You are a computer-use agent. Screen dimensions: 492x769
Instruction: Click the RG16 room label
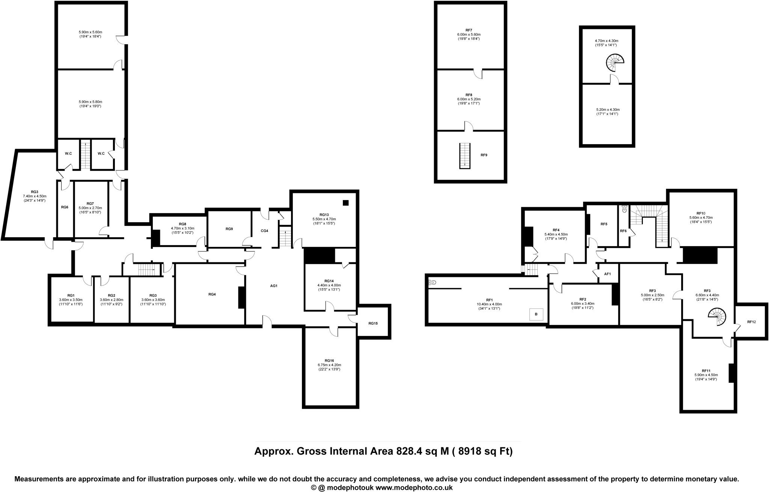coord(329,360)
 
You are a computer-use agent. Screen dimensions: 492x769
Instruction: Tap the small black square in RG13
coord(345,203)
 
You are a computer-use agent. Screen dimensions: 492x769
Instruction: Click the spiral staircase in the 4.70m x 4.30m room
coord(615,62)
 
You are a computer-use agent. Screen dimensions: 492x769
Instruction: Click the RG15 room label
coord(373,323)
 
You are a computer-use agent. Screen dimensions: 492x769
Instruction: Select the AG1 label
coord(274,286)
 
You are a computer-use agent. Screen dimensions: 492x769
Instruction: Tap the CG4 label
coord(264,231)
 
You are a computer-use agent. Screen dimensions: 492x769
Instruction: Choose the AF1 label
coord(608,274)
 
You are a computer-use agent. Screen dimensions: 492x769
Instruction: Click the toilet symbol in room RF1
coord(433,282)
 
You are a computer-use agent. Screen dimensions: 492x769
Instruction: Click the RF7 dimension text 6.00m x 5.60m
coord(469,34)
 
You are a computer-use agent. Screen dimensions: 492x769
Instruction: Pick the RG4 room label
coord(212,294)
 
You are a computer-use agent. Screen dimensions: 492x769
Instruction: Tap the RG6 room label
coord(65,207)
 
